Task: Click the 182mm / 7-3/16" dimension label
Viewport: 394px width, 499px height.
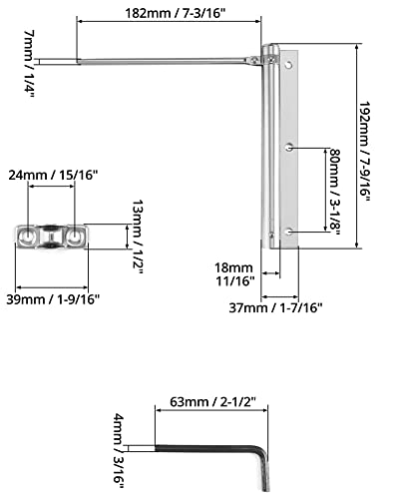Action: tap(176, 14)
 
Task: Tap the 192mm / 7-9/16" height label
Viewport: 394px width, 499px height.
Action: tap(364, 152)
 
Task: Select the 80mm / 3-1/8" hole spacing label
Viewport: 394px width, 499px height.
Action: tap(334, 192)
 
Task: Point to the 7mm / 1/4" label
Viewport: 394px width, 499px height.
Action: tap(29, 64)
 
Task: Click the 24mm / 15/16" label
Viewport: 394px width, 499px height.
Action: tap(53, 175)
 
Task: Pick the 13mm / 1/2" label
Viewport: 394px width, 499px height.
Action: tap(137, 237)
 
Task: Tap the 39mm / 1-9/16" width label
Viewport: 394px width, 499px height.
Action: tap(53, 299)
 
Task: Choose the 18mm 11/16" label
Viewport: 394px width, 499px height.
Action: tap(234, 274)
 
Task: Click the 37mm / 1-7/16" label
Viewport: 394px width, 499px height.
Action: tap(275, 307)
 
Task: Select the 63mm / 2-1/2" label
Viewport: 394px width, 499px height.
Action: tap(212, 402)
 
